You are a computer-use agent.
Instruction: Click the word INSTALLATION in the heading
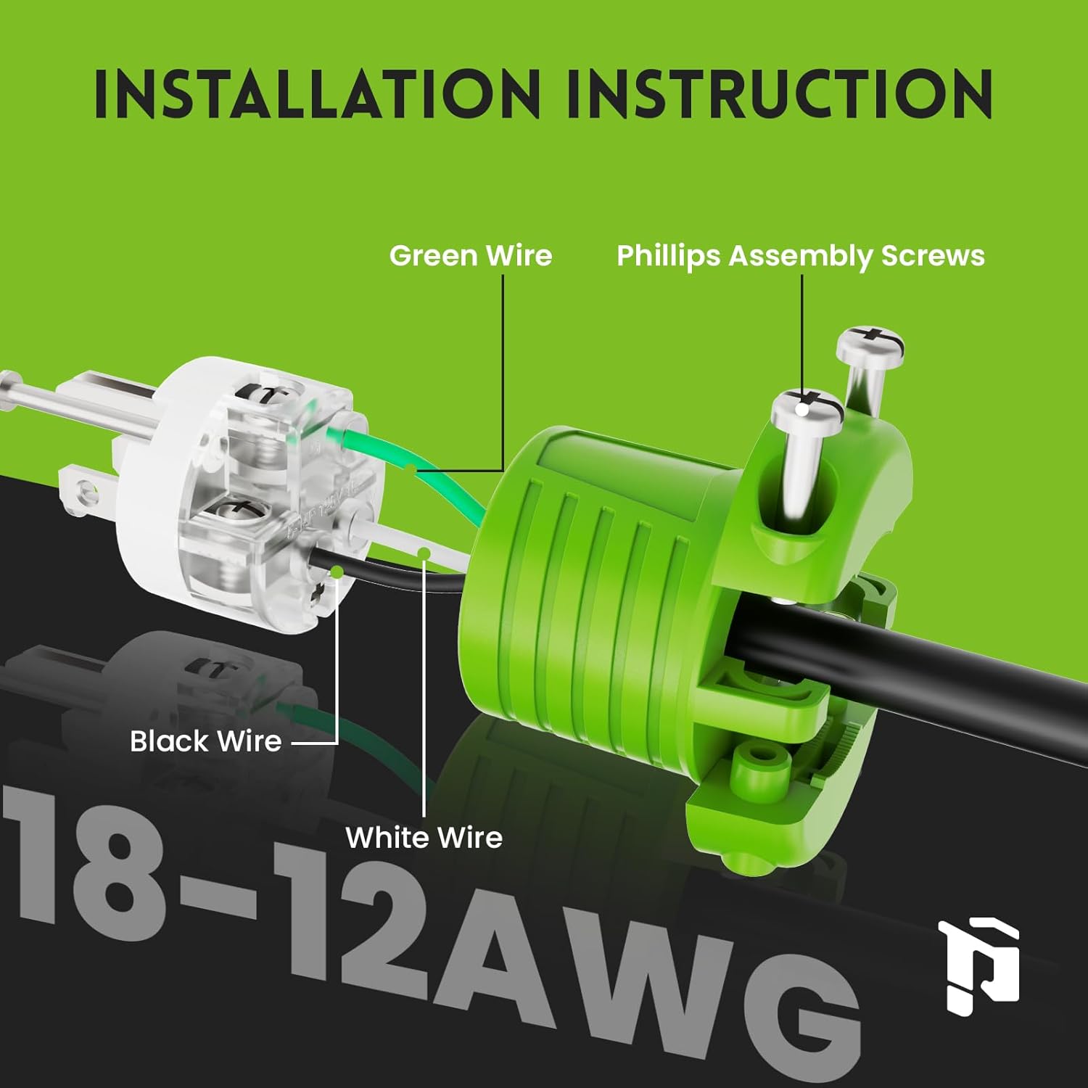pyautogui.click(x=318, y=94)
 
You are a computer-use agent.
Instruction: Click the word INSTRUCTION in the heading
pyautogui.click(x=779, y=94)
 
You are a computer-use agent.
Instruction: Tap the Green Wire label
pyautogui.click(x=471, y=255)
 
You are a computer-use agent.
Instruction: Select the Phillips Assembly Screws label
pyautogui.click(x=801, y=256)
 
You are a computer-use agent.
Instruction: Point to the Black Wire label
pyautogui.click(x=205, y=741)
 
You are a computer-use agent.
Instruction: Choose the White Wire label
pyautogui.click(x=424, y=838)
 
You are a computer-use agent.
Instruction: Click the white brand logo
pyautogui.click(x=979, y=965)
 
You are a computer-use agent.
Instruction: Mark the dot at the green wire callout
pyautogui.click(x=411, y=471)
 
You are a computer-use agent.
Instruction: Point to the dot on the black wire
pyautogui.click(x=337, y=572)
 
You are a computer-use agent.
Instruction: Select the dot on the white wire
pyautogui.click(x=425, y=554)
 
